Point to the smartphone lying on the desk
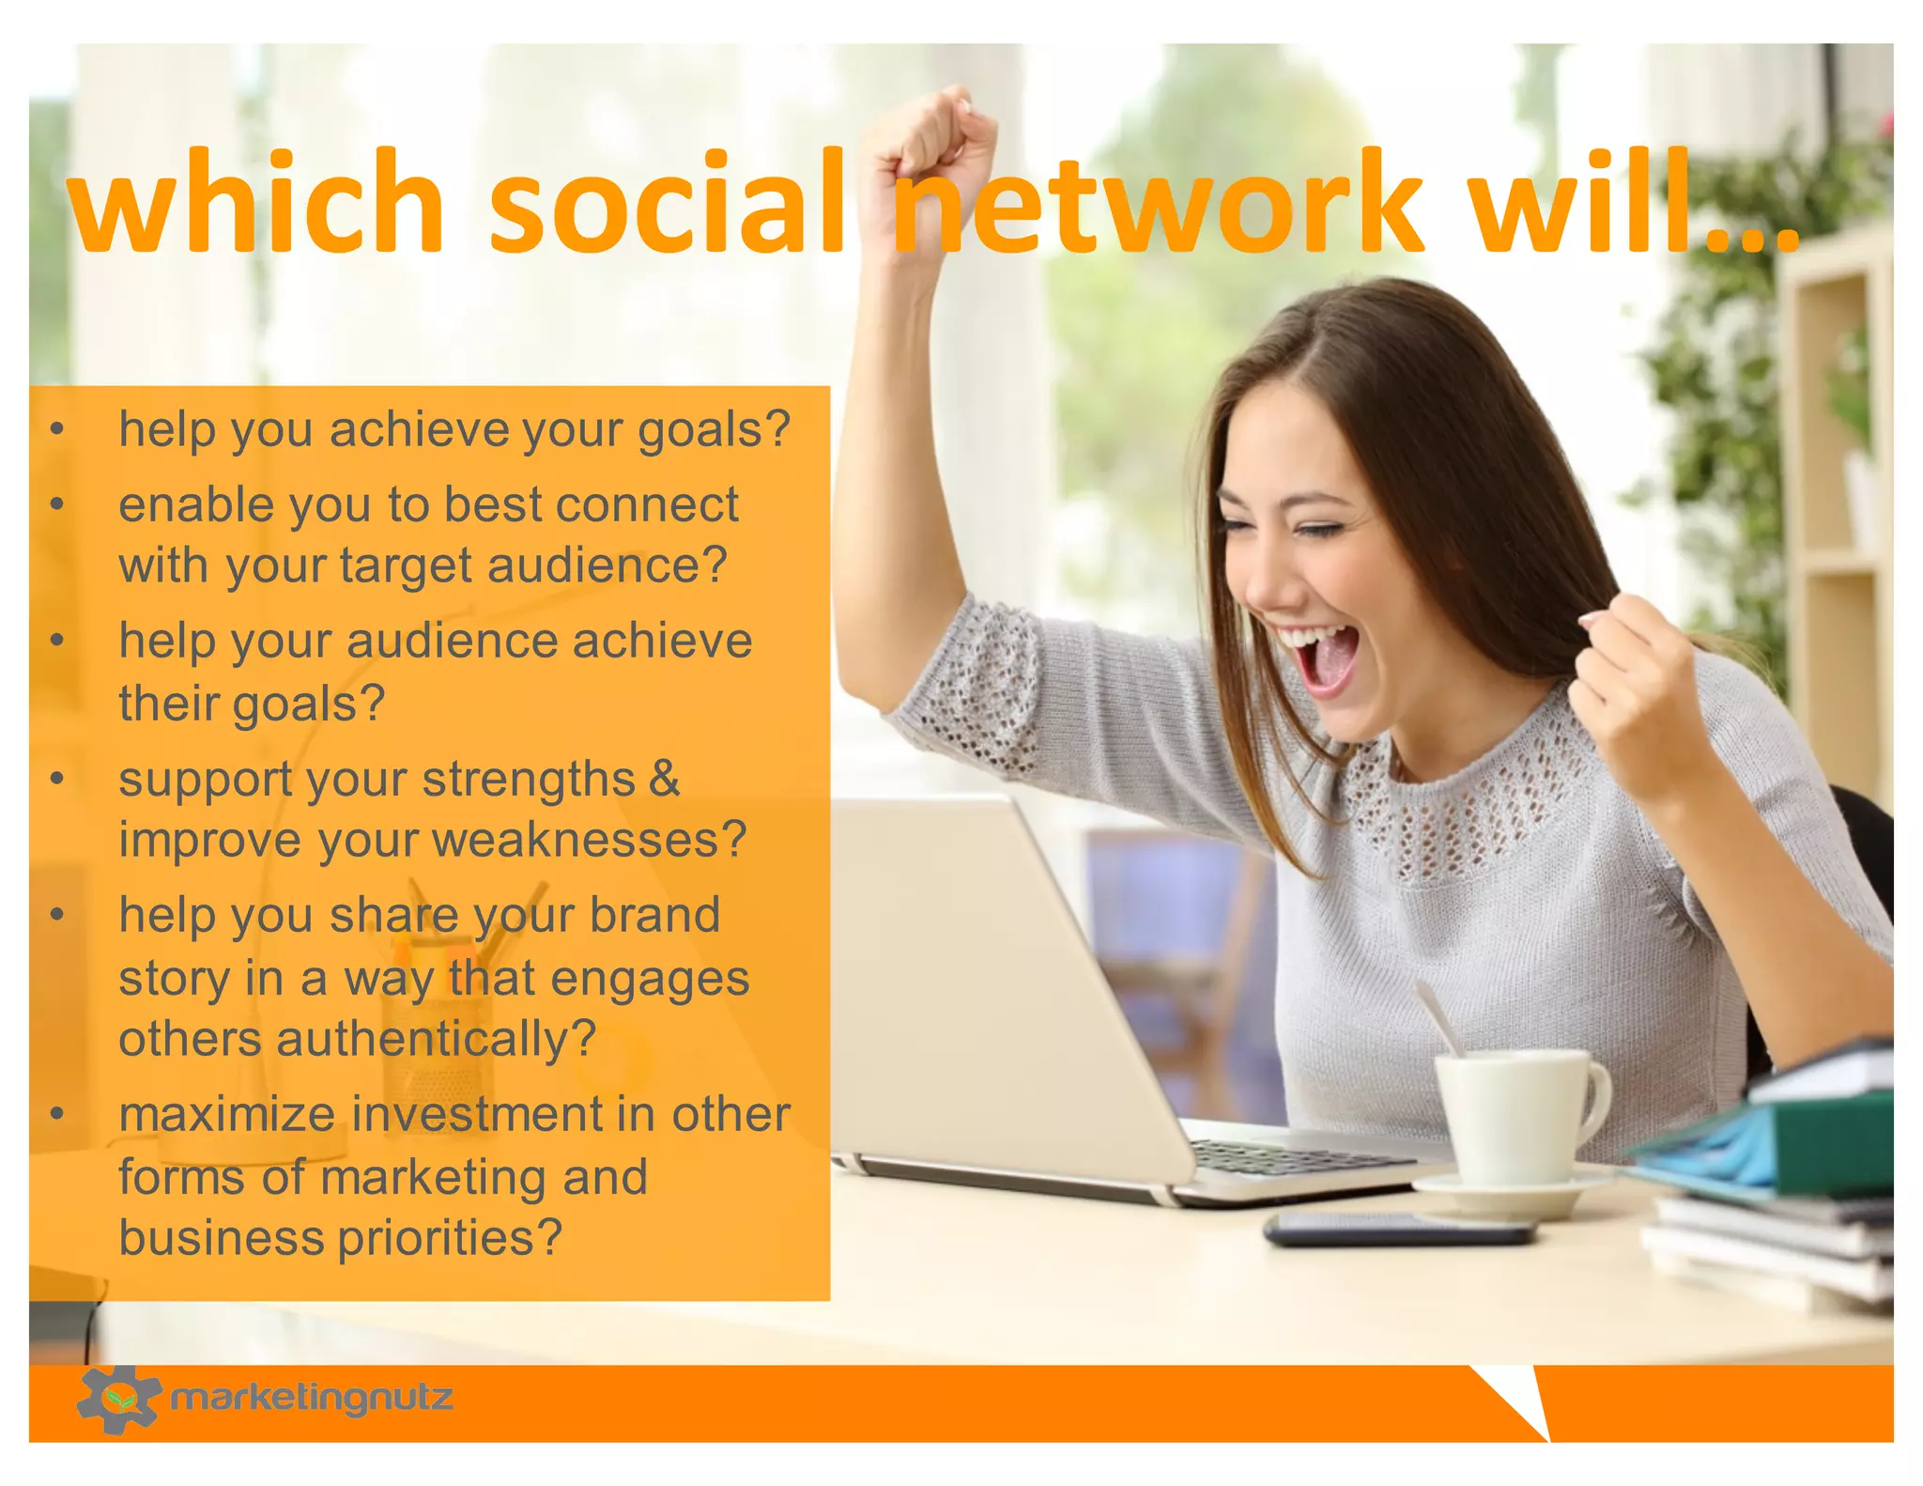tap(1399, 1229)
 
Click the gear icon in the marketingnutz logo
tap(117, 1399)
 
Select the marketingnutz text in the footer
tap(312, 1399)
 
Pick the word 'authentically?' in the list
tap(436, 1039)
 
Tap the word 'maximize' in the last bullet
tap(227, 1115)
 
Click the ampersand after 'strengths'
tap(664, 779)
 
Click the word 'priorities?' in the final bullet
tap(450, 1238)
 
